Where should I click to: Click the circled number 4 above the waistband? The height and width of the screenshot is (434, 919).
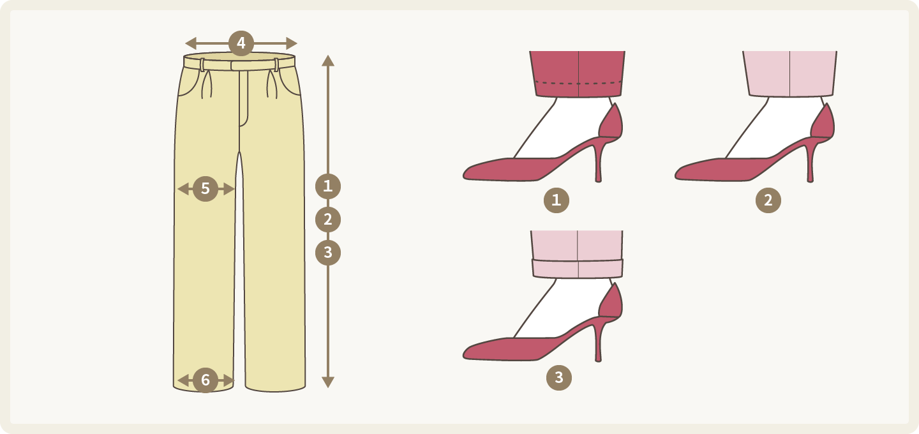point(241,43)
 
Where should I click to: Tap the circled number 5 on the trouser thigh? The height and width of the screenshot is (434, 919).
point(205,189)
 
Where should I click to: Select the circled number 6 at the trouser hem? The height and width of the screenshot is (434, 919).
point(205,380)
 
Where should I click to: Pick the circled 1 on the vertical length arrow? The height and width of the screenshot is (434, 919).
point(328,186)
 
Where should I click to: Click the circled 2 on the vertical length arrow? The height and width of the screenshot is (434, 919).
point(328,220)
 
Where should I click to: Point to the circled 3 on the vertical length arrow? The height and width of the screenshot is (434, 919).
point(328,252)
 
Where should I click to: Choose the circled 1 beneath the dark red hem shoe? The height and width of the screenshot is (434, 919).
point(557,200)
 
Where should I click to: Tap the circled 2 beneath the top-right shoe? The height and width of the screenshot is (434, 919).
point(768,200)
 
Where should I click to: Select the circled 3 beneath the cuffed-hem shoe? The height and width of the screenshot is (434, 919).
point(559,377)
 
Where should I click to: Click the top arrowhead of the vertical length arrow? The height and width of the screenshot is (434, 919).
point(328,60)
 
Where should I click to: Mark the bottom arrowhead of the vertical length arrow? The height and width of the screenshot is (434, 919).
point(328,382)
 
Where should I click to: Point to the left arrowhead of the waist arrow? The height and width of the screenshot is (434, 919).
point(191,43)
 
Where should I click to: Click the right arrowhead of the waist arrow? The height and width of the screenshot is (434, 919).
point(292,43)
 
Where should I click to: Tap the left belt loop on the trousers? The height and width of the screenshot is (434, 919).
point(202,65)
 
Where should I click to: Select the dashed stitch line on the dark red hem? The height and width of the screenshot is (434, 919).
point(578,83)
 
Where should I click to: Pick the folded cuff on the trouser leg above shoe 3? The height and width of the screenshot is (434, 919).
point(578,269)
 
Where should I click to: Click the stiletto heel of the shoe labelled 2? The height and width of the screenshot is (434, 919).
point(810,162)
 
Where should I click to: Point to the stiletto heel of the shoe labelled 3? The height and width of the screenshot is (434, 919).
point(598,341)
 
